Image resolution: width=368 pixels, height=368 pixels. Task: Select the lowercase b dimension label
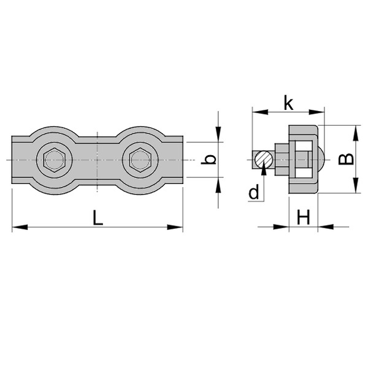coord(210,159)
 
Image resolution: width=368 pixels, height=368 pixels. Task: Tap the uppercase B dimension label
coord(347,159)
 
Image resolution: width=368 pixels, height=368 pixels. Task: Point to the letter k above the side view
coord(288,102)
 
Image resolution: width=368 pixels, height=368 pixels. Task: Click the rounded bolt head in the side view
coord(320,159)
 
